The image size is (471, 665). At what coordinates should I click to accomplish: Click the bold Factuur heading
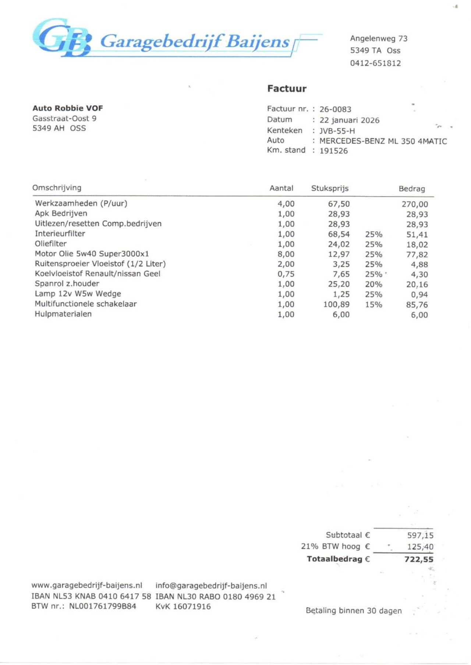point(287,89)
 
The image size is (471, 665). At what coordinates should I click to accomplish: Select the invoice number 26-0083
point(335,109)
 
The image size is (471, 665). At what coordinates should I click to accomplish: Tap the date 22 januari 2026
point(349,120)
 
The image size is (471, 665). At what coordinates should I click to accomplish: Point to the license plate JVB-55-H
point(337,131)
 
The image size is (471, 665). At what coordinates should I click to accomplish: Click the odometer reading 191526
point(333,151)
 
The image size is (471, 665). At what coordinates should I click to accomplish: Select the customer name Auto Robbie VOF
point(68,108)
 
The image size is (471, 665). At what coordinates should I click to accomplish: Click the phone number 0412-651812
point(375,63)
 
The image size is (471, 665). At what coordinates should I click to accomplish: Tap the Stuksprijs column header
point(330,188)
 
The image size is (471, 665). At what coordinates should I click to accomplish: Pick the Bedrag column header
point(412,189)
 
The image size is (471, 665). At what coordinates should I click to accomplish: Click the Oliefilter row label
point(51,244)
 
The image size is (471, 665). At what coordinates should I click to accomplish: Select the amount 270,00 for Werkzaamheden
point(415,204)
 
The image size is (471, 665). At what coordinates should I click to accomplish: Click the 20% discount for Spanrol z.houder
point(373,284)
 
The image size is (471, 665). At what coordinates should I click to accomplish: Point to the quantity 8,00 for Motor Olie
point(286,254)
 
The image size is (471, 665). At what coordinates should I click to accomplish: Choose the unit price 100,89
point(336,304)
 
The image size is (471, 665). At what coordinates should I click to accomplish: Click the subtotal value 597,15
point(420,535)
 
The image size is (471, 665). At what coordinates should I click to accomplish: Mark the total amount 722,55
point(419,559)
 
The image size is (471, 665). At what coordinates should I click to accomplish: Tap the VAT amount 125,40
point(420,547)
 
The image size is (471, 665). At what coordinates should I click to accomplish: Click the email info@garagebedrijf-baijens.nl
point(211,586)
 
